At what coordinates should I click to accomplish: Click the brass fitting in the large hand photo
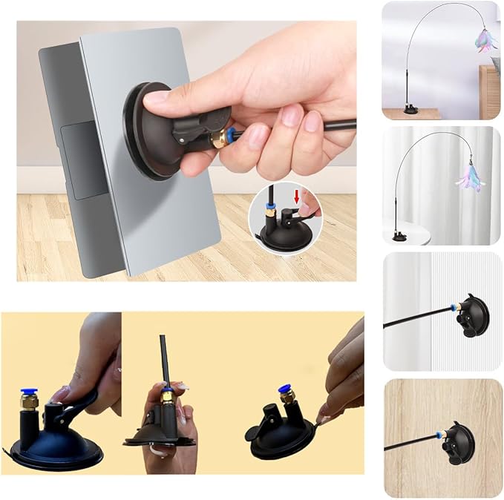(x=220, y=138)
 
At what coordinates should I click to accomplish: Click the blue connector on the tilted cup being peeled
(x=284, y=389)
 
